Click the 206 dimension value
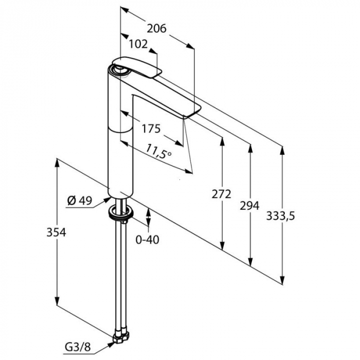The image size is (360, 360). click(156, 28)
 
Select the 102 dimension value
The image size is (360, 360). click(138, 45)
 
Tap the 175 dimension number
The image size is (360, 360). click(151, 128)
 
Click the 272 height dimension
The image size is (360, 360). click(222, 194)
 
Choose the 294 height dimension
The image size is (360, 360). click(250, 205)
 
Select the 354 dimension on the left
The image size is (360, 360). click(57, 232)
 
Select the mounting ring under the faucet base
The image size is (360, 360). click(121, 211)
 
